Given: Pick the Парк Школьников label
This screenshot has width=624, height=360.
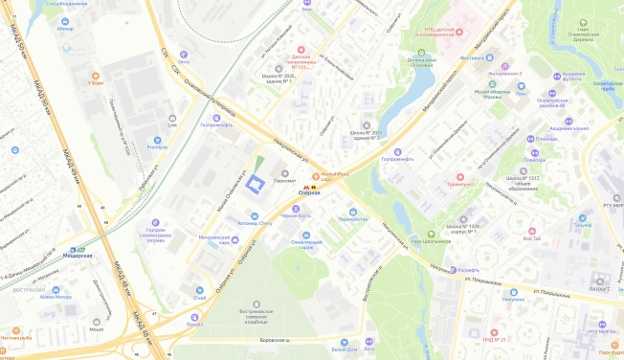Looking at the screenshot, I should pos(432,240).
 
